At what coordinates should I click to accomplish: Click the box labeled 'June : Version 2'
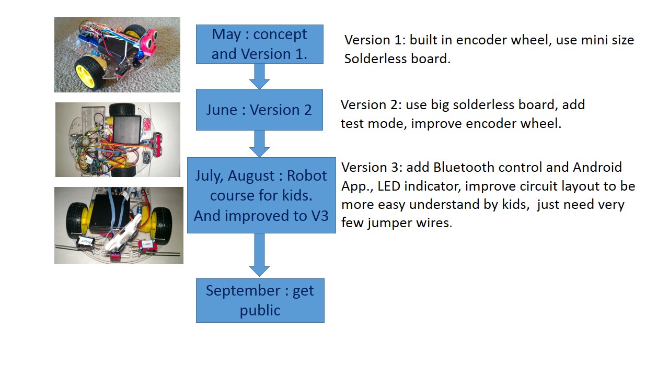[x=259, y=110]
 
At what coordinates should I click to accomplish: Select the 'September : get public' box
[x=260, y=300]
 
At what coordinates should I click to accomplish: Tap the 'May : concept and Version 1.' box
[x=259, y=44]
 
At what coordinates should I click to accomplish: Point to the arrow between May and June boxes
[x=259, y=76]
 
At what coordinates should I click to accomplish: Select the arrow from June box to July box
[x=259, y=144]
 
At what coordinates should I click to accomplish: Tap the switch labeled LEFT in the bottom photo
[x=147, y=244]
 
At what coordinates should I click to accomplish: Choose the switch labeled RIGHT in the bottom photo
[x=84, y=242]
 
